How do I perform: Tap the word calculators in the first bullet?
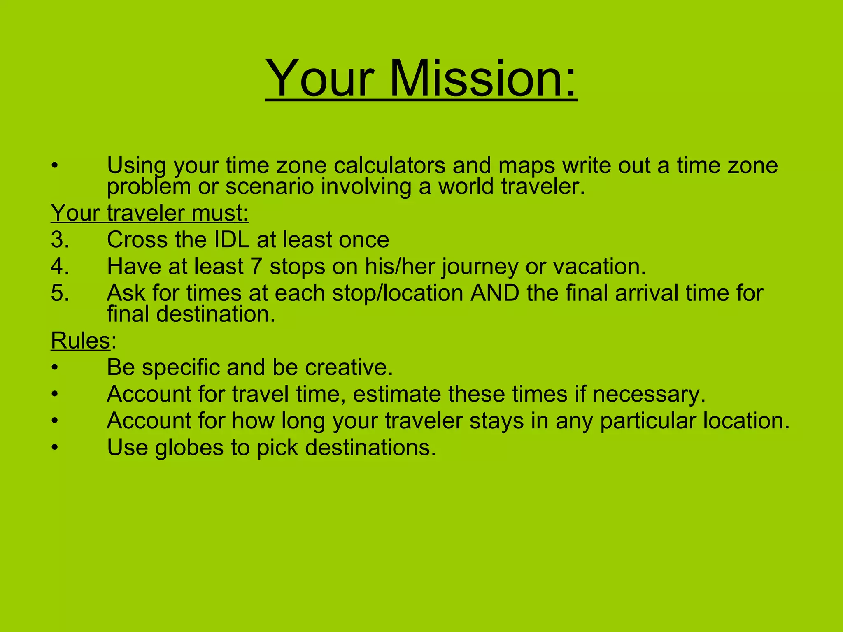click(x=389, y=165)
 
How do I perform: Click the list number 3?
click(x=60, y=240)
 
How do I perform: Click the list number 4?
click(x=60, y=267)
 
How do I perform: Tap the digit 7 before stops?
click(x=256, y=267)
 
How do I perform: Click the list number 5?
click(x=60, y=293)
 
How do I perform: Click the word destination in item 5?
click(x=215, y=314)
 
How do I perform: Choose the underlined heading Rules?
click(x=81, y=341)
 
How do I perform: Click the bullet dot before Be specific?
click(x=55, y=367)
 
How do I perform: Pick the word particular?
click(x=648, y=421)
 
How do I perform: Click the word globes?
click(x=189, y=448)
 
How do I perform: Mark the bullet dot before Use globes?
click(x=55, y=448)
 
